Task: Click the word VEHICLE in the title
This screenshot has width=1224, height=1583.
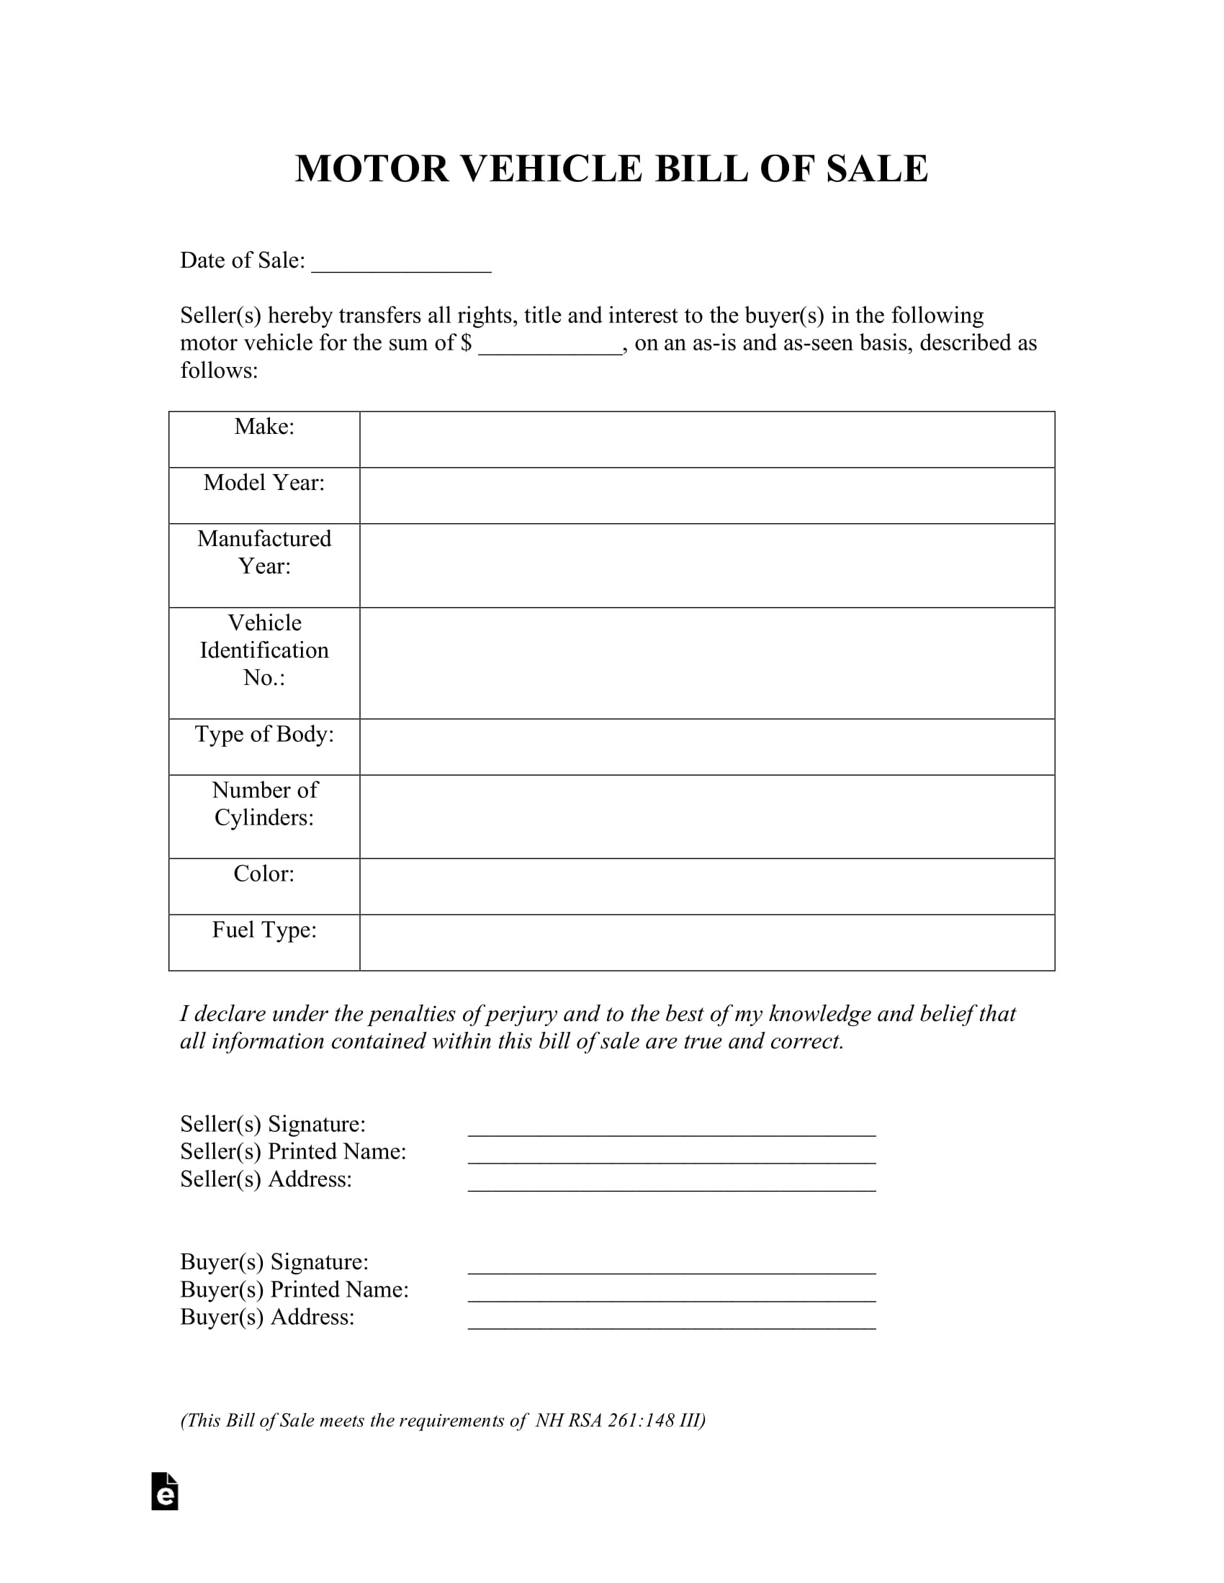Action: [x=551, y=169]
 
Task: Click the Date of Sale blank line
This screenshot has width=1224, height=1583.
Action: [x=401, y=265]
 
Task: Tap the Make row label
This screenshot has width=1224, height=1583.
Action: [x=264, y=427]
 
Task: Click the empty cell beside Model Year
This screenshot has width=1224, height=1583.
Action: [x=706, y=495]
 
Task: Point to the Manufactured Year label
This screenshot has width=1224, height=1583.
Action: [x=264, y=553]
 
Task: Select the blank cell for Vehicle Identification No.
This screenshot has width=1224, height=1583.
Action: [x=706, y=663]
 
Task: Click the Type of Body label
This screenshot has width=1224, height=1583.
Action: [x=264, y=734]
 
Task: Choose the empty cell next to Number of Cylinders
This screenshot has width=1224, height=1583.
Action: [x=706, y=816]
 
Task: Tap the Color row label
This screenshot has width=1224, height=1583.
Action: [x=264, y=874]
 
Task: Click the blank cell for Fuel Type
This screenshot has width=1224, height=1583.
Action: [x=706, y=943]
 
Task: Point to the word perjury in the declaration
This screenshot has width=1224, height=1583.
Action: [x=521, y=1014]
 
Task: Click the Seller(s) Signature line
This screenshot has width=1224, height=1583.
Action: [x=672, y=1128]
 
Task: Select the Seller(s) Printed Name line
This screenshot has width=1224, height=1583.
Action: [x=672, y=1156]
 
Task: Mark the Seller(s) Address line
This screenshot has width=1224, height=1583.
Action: [x=672, y=1183]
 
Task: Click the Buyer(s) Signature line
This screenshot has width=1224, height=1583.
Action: [x=672, y=1266]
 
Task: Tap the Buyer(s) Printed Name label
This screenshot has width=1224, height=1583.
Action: [x=294, y=1289]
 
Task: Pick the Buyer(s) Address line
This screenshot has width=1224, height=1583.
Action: [x=672, y=1320]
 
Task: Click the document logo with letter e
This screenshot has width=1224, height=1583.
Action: [x=165, y=1492]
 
